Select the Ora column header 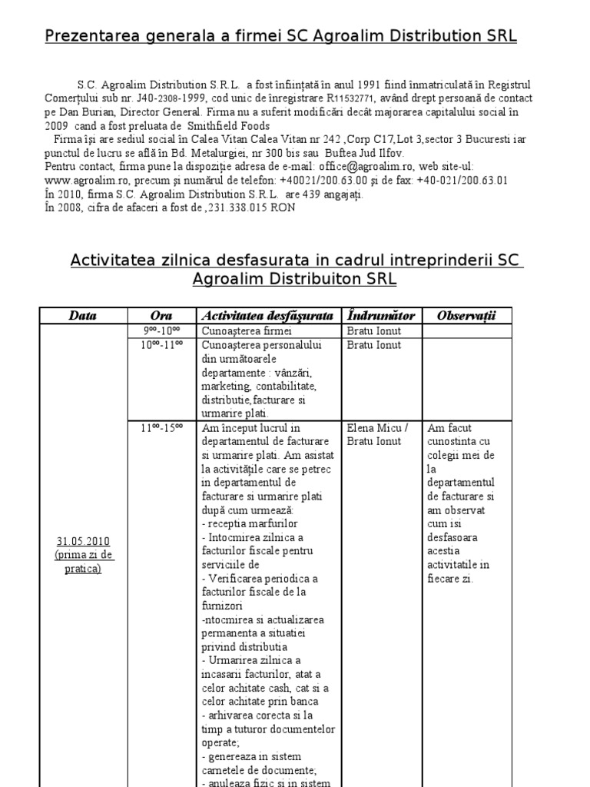click(x=161, y=316)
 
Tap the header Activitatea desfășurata click(x=267, y=316)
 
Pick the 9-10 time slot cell click(x=161, y=331)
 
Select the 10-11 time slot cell click(x=161, y=345)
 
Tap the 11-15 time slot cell click(x=161, y=428)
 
